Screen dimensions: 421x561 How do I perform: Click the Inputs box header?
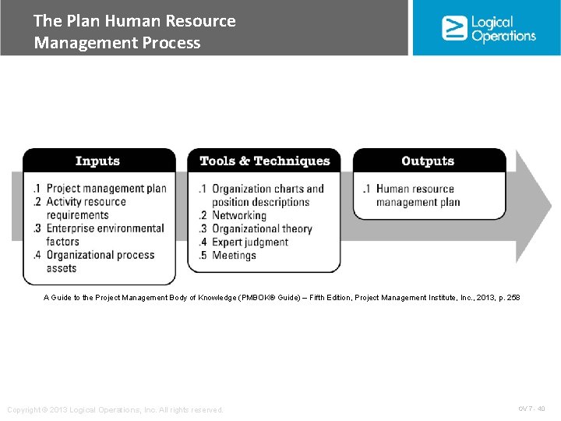(x=98, y=161)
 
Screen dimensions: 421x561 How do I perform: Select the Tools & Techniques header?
(x=264, y=161)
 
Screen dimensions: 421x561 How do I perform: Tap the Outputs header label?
(x=428, y=161)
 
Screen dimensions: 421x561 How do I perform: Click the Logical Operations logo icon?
(x=454, y=28)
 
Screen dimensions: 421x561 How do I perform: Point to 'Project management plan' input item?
(x=106, y=189)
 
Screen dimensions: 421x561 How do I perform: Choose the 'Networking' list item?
(x=239, y=215)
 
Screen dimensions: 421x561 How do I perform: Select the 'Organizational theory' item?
(x=262, y=228)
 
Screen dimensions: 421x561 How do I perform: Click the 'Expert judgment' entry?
(x=250, y=242)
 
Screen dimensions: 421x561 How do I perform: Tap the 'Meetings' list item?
(x=234, y=255)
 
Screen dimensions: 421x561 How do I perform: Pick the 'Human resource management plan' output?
(x=418, y=196)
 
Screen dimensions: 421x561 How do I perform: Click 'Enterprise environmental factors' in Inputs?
(x=104, y=235)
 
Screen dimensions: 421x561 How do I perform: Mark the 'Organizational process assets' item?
(x=100, y=261)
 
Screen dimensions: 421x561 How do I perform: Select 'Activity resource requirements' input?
(x=86, y=208)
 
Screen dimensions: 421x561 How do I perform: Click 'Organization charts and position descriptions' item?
(x=267, y=195)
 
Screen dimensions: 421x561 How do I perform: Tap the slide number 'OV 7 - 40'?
(x=531, y=409)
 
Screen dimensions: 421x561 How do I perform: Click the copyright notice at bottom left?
(x=115, y=409)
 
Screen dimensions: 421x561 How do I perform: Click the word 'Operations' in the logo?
(x=504, y=35)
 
